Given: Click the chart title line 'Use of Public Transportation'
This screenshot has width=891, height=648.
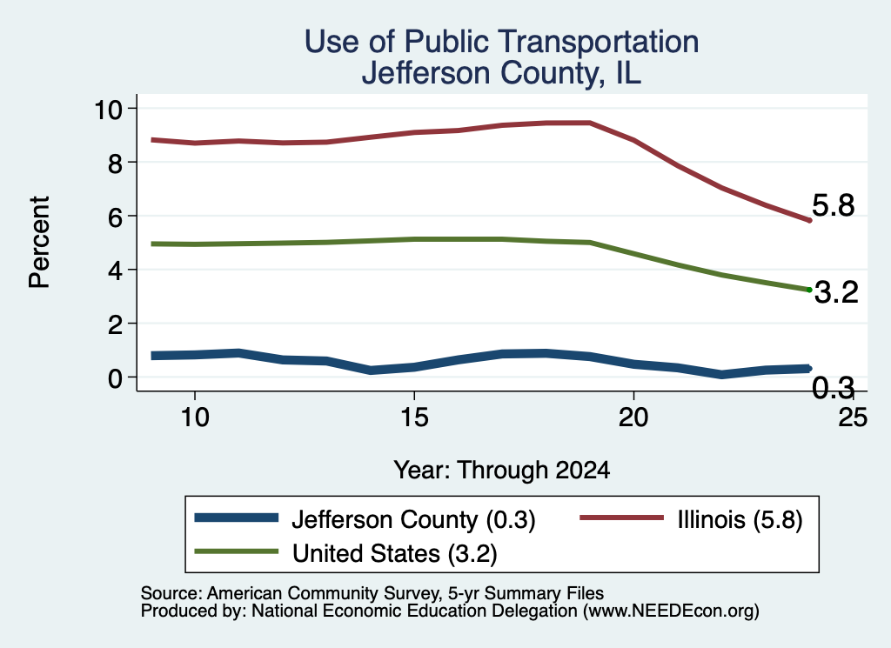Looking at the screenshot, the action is click(x=501, y=42).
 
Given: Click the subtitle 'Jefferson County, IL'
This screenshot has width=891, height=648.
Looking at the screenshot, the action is click(x=501, y=73).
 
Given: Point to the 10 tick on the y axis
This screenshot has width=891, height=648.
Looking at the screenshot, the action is click(x=109, y=109).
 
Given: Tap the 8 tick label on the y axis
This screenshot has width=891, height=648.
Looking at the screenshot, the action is click(x=116, y=163).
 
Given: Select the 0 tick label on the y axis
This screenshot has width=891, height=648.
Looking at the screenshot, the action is click(x=116, y=377).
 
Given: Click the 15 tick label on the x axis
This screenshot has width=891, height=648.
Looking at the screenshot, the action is click(x=414, y=418).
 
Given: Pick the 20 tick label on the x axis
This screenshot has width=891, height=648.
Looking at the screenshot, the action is click(x=633, y=418).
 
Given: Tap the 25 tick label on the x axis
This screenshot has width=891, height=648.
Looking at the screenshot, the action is click(x=853, y=418).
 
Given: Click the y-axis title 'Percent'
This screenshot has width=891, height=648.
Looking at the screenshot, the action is click(x=39, y=243).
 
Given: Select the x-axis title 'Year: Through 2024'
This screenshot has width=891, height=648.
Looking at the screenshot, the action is click(x=502, y=471).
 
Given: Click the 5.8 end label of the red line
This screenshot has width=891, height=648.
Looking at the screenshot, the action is click(x=833, y=205).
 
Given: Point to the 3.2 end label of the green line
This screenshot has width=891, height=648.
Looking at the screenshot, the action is click(x=836, y=292).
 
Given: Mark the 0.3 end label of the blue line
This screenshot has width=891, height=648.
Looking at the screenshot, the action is click(x=833, y=388).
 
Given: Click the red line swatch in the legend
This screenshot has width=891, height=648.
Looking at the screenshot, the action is click(x=621, y=518).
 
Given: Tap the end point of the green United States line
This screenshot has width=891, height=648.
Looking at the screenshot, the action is click(x=809, y=290).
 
